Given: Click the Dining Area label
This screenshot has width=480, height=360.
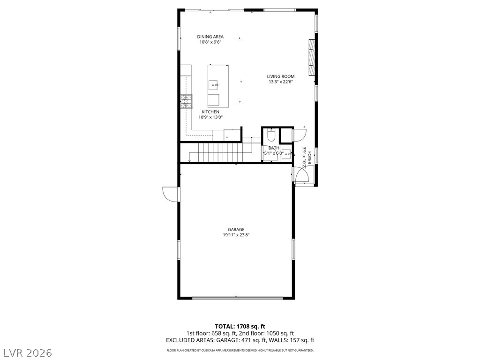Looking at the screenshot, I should (x=210, y=37).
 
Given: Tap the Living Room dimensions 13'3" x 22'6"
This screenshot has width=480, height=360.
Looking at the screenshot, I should (x=281, y=82).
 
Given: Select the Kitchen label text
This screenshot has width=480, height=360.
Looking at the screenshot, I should (x=210, y=112).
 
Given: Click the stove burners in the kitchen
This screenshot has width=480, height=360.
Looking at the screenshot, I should (x=187, y=101).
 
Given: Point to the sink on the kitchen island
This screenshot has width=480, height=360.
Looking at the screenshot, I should (x=213, y=85).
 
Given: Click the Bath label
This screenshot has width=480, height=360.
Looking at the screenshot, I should (x=274, y=148).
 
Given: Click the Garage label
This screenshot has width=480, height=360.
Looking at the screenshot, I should (x=236, y=230).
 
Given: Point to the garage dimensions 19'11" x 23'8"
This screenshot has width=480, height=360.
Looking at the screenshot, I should (x=236, y=235).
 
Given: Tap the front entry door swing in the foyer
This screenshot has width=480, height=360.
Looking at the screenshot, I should (x=301, y=176).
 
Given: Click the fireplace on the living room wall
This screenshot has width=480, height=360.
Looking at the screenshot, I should (x=311, y=57).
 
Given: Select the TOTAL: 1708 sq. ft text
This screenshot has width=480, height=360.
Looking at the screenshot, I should (x=240, y=326).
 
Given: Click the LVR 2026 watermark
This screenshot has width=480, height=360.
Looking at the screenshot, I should (x=28, y=352).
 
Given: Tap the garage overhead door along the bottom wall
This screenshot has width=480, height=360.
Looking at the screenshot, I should (x=237, y=298).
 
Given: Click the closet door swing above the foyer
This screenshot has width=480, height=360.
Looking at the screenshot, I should (x=300, y=135).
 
